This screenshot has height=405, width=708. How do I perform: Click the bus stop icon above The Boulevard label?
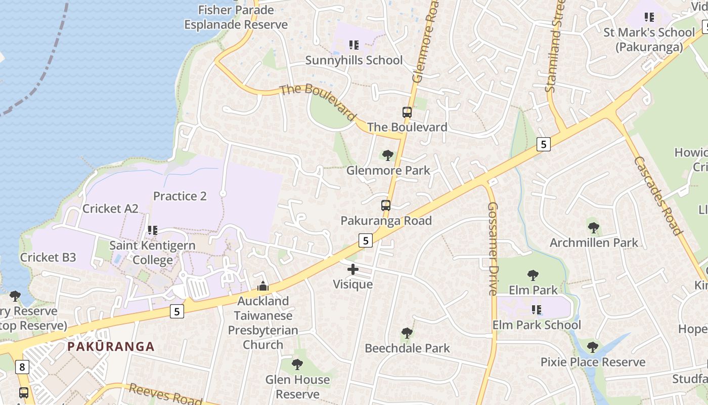pyautogui.click(x=407, y=112)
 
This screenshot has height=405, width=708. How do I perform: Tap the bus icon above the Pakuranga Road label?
pyautogui.click(x=386, y=206)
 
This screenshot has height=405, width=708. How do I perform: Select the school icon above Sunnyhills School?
pyautogui.click(x=354, y=45)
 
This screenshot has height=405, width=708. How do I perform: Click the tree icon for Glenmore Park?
pyautogui.click(x=388, y=155)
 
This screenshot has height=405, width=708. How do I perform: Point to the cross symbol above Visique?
pyautogui.click(x=353, y=269)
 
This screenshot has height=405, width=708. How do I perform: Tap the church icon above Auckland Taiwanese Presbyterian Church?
pyautogui.click(x=262, y=287)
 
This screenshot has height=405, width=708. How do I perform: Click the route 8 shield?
pyautogui.click(x=22, y=367)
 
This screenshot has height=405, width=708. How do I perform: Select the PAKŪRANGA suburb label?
pyautogui.click(x=111, y=347)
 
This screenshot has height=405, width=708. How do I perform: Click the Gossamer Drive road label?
pyautogui.click(x=493, y=249)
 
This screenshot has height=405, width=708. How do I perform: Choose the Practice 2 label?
pyautogui.click(x=180, y=196)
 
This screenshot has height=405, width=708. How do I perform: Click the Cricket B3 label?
pyautogui.click(x=48, y=257)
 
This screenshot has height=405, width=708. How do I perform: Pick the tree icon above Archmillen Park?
pyautogui.click(x=594, y=228)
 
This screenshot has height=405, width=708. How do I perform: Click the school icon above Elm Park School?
pyautogui.click(x=537, y=309)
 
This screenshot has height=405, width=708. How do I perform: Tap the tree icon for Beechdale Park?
pyautogui.click(x=407, y=333)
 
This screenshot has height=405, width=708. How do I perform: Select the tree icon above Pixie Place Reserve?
pyautogui.click(x=593, y=347)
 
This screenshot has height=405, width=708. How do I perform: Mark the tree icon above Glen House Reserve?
pyautogui.click(x=298, y=364)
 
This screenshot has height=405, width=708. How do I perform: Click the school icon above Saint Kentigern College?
pyautogui.click(x=152, y=230)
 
